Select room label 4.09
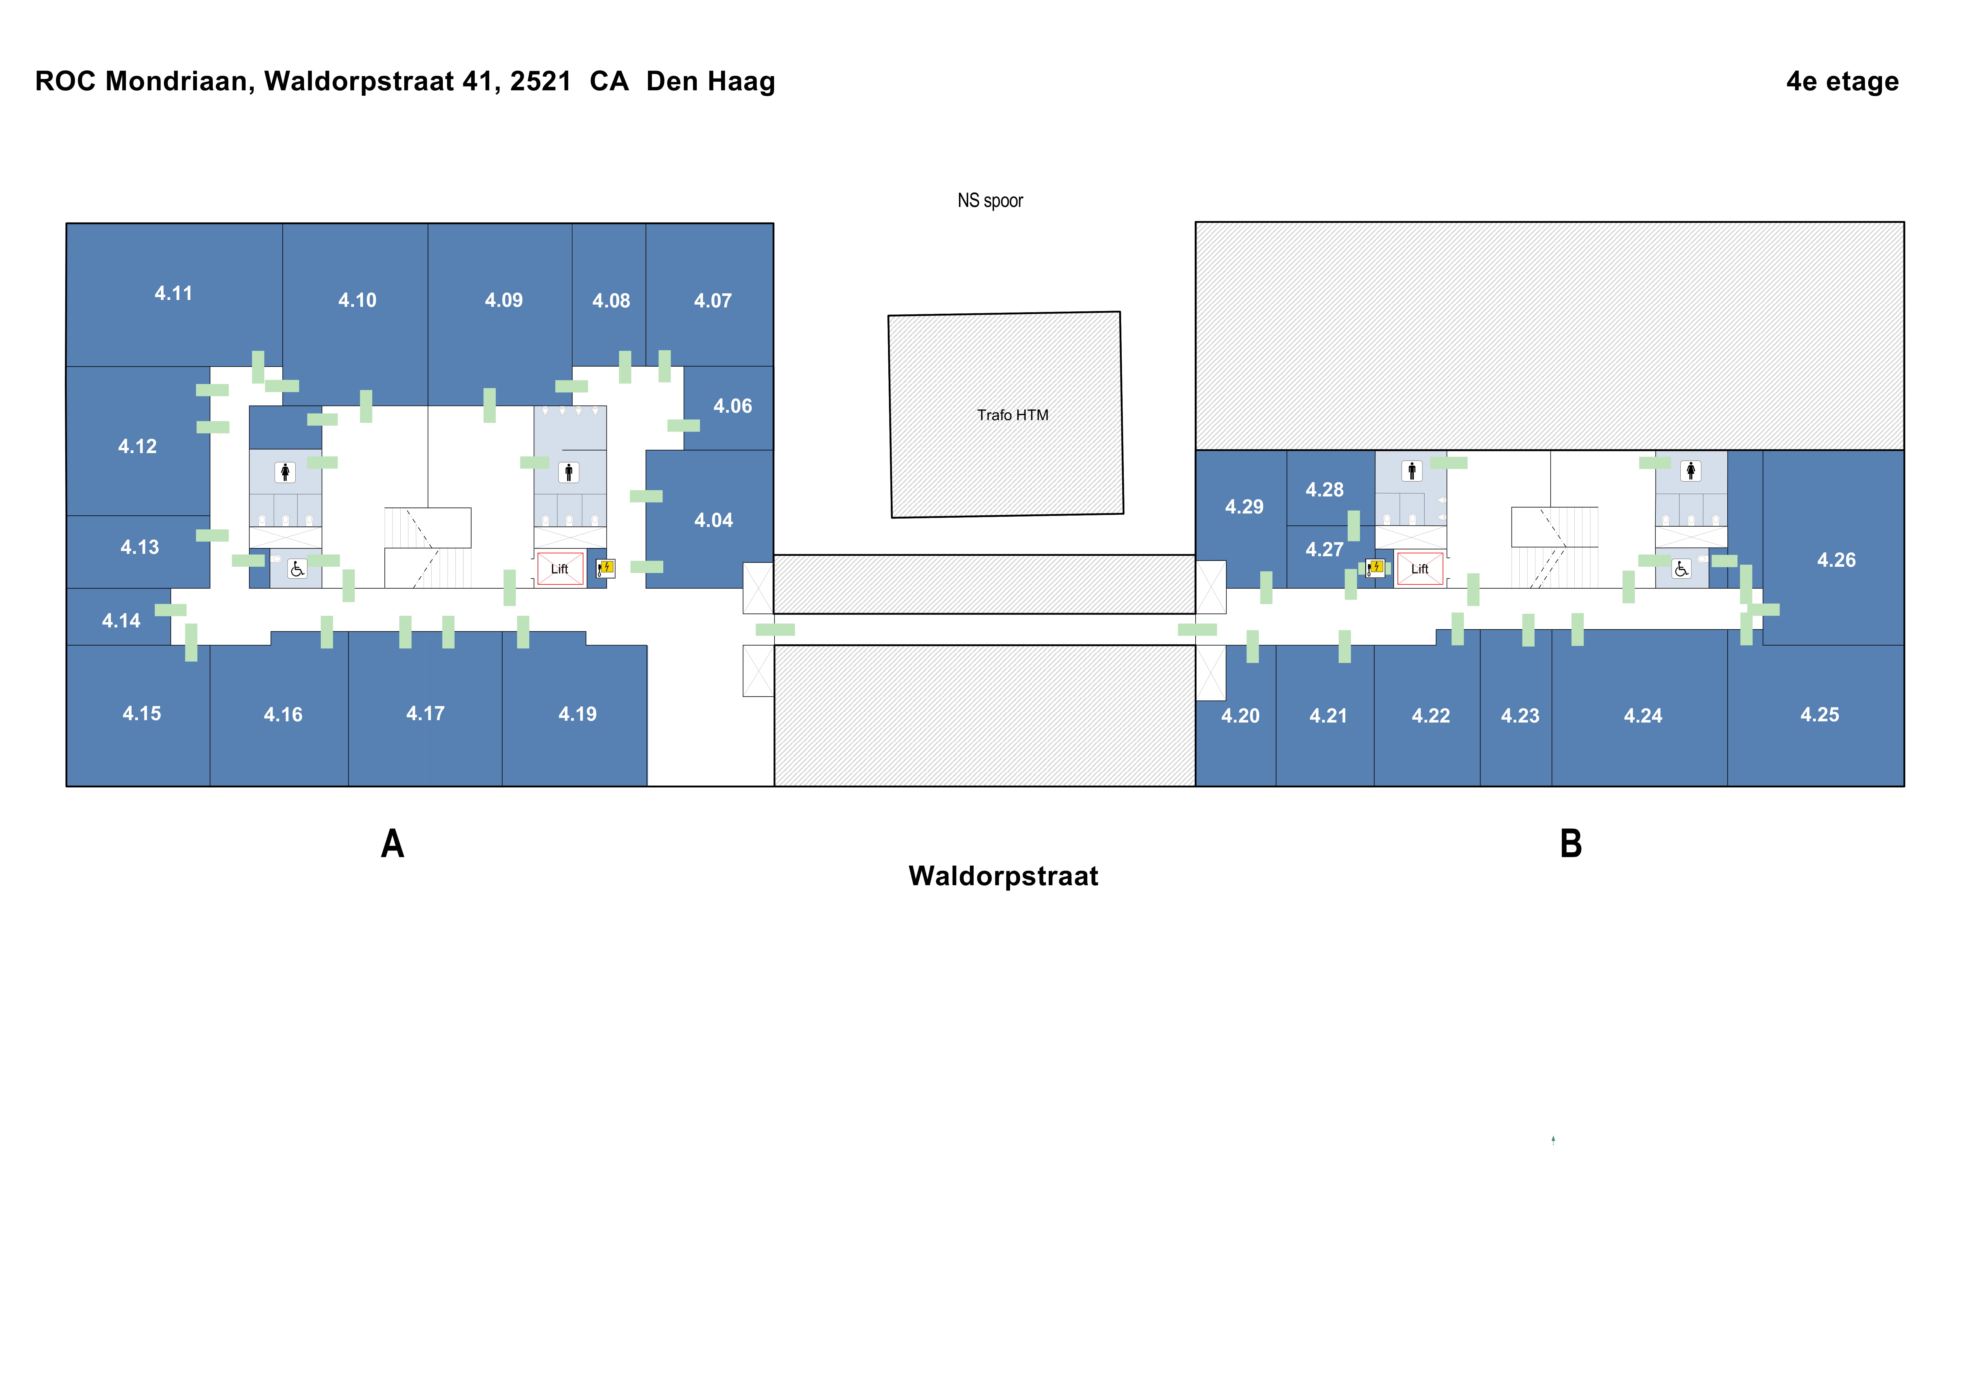pyautogui.click(x=504, y=300)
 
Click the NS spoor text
pyautogui.click(x=990, y=200)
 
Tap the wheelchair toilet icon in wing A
pyautogui.click(x=297, y=569)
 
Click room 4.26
pyautogui.click(x=1835, y=560)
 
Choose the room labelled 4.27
pyautogui.click(x=1324, y=549)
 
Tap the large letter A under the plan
pyautogui.click(x=393, y=844)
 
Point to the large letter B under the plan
pyautogui.click(x=1570, y=844)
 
